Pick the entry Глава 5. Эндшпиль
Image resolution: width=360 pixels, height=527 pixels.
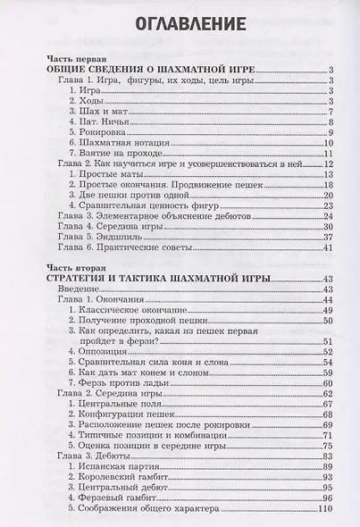(103, 237)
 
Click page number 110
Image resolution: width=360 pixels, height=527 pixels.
(325, 507)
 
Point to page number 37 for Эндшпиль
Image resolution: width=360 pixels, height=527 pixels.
(328, 237)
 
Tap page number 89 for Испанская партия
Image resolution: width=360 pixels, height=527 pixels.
(328, 465)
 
